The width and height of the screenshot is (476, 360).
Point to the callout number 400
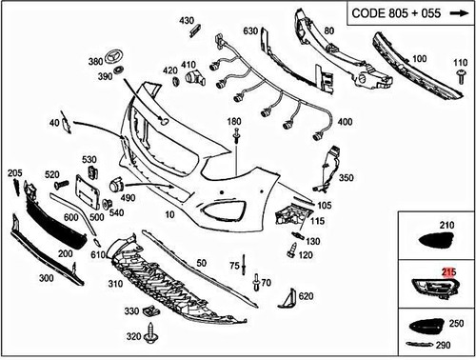(345, 122)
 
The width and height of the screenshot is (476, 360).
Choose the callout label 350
(346, 177)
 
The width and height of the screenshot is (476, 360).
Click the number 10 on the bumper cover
(170, 216)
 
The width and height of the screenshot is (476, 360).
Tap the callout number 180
(234, 123)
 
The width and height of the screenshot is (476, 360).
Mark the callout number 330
(131, 310)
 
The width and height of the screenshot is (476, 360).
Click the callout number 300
(44, 277)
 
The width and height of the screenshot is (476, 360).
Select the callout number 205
(14, 172)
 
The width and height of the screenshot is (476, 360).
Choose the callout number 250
(457, 323)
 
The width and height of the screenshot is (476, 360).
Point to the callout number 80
(328, 30)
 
